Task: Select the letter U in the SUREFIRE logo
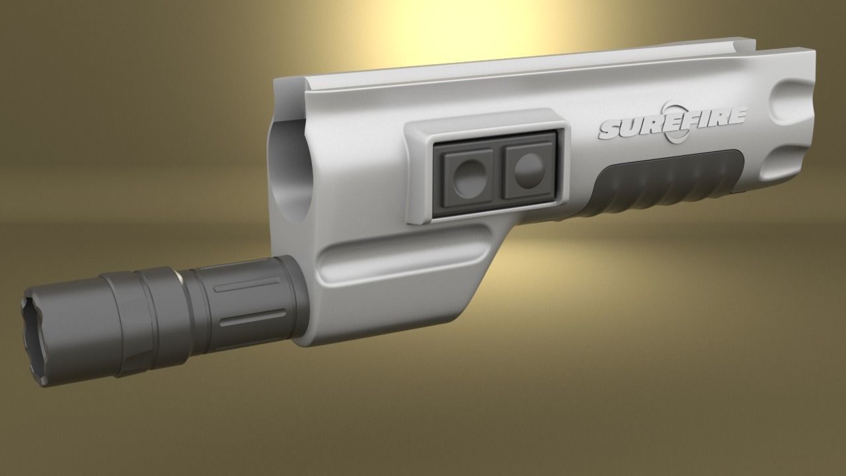tap(631, 127)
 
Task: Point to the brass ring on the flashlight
tap(178, 276)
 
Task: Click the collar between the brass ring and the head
tap(159, 304)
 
